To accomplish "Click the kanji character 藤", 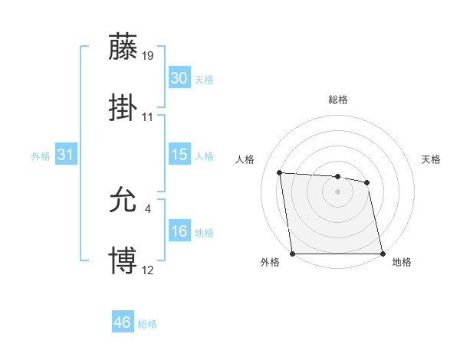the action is (x=123, y=47).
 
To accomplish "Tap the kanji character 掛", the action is (x=123, y=107).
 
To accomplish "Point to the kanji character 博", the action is (x=123, y=260).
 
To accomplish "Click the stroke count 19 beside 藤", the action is (x=149, y=55).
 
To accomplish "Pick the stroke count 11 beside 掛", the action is (x=148, y=116).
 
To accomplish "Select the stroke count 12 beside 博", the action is (x=148, y=270).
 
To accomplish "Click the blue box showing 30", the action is (x=179, y=78).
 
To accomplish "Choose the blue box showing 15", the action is (x=179, y=155).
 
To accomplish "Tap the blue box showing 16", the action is (x=179, y=231).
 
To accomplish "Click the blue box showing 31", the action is (x=65, y=155).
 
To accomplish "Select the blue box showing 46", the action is (x=122, y=322).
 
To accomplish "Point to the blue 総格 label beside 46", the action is (x=147, y=324).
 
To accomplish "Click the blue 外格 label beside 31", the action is (x=41, y=156).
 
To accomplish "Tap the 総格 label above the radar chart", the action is (x=337, y=100).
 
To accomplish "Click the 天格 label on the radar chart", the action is (x=431, y=159).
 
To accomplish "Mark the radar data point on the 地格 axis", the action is (x=383, y=254).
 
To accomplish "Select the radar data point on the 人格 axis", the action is (x=280, y=172).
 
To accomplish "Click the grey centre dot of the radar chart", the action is (x=337, y=191).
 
